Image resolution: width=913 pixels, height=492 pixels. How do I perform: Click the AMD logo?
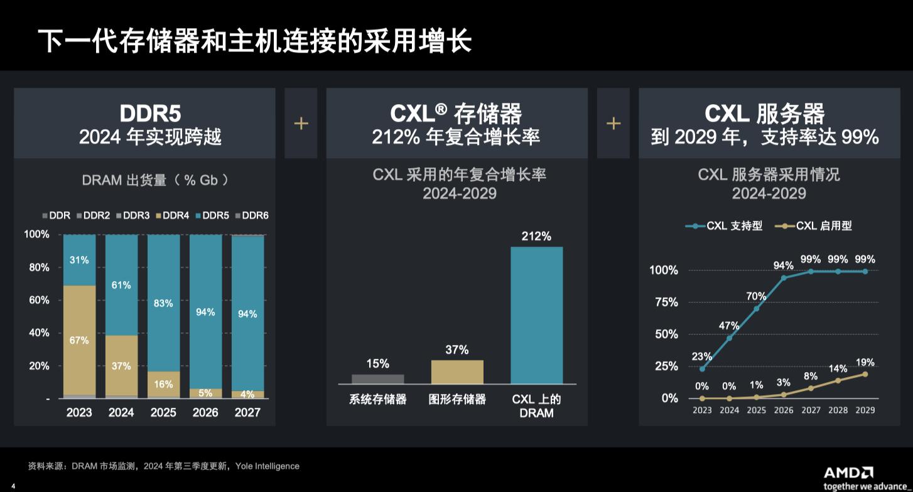click(x=848, y=473)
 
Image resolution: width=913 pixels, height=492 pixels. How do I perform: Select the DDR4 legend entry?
click(x=171, y=215)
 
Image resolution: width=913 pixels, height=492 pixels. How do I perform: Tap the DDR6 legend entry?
click(x=251, y=215)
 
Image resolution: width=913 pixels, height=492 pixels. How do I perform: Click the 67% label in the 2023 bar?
click(x=79, y=340)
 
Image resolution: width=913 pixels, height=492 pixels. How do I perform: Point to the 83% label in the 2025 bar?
click(x=163, y=303)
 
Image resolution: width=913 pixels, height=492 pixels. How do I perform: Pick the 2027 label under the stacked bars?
click(x=247, y=412)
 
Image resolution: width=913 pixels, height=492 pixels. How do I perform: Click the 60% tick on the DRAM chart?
click(x=36, y=300)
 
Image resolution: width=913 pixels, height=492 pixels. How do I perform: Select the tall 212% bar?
click(x=536, y=315)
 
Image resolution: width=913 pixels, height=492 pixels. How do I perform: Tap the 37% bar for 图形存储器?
click(x=457, y=372)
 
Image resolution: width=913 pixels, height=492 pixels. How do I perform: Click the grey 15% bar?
click(x=377, y=378)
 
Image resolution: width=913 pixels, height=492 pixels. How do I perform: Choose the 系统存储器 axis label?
click(x=377, y=399)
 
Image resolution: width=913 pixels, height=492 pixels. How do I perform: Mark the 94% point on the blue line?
click(x=784, y=277)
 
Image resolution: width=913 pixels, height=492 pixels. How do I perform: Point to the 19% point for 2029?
click(x=865, y=374)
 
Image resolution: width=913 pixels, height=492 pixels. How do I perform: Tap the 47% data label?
click(x=729, y=325)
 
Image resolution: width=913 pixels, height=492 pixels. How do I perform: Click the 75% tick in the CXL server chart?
click(x=666, y=302)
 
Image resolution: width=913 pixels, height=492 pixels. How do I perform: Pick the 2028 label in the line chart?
click(x=838, y=410)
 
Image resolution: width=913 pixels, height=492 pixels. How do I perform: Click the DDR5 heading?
click(x=150, y=114)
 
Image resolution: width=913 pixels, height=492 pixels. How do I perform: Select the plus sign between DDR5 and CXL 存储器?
click(x=301, y=123)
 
